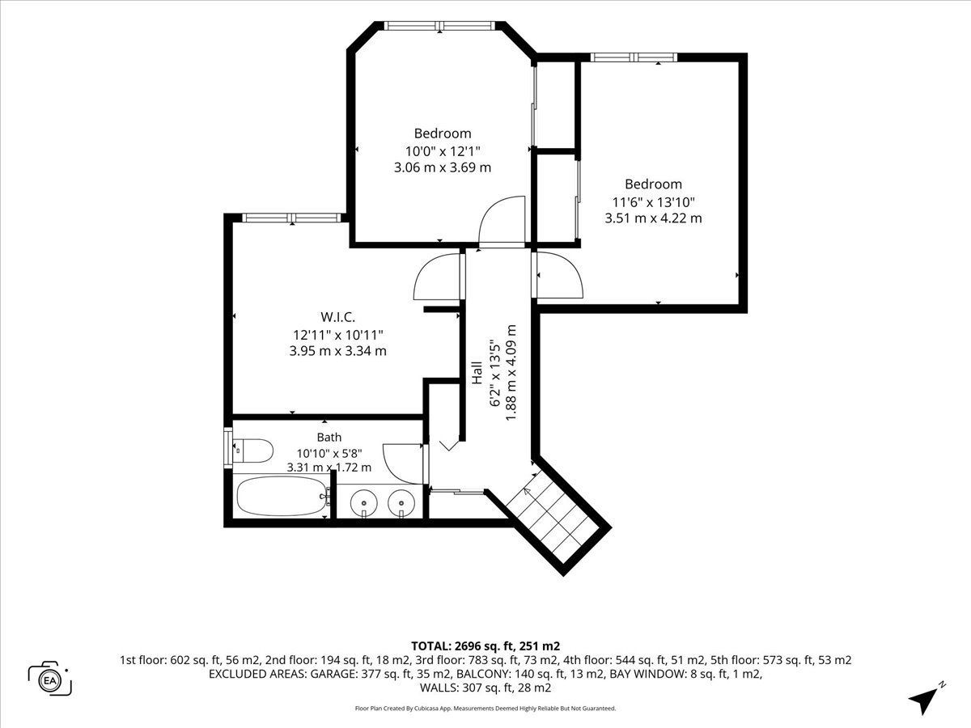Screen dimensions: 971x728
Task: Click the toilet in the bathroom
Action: pyautogui.click(x=252, y=451)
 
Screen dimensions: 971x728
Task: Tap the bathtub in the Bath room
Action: pyautogui.click(x=282, y=496)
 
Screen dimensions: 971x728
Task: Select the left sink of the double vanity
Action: pyautogui.click(x=363, y=503)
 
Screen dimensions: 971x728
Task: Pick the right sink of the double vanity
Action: pyautogui.click(x=401, y=503)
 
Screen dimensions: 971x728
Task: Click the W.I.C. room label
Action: pyautogui.click(x=337, y=316)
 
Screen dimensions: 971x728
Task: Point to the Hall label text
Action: pyautogui.click(x=477, y=373)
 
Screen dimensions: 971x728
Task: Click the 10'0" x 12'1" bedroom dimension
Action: pyautogui.click(x=443, y=151)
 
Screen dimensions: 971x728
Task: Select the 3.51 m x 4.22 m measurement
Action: pyautogui.click(x=653, y=218)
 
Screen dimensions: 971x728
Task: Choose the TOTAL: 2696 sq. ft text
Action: pyautogui.click(x=464, y=645)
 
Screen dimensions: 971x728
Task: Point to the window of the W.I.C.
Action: pyautogui.click(x=292, y=218)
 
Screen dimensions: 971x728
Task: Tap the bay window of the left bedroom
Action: pyautogui.click(x=439, y=26)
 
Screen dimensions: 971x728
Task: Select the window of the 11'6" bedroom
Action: pyautogui.click(x=634, y=57)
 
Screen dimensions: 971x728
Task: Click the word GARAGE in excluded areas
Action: pyautogui.click(x=334, y=674)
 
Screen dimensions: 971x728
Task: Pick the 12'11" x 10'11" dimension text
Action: pyautogui.click(x=338, y=335)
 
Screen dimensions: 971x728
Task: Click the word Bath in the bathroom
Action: pyautogui.click(x=329, y=437)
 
